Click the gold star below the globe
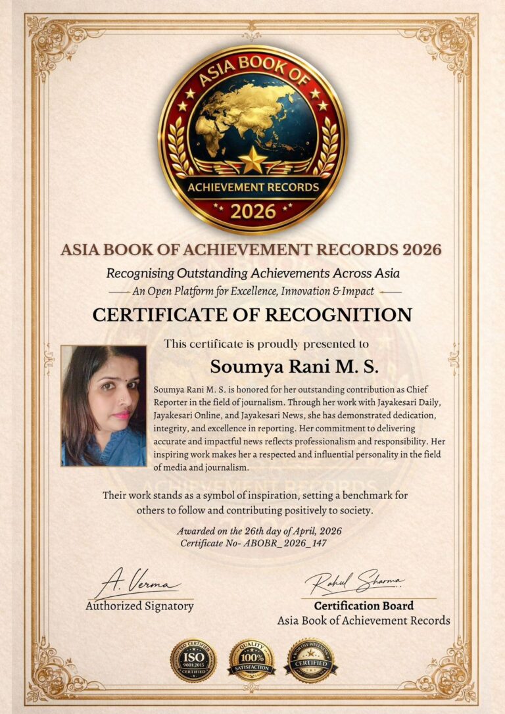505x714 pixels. pos(252,160)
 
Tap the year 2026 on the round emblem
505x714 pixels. pos(252,212)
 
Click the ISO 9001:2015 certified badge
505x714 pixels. pos(193,660)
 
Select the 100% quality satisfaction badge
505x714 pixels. pos(251,660)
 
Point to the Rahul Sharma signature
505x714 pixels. pos(354,582)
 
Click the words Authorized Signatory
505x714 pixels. pos(139,606)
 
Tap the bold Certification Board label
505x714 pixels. pos(364,606)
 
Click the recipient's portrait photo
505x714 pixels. pos(104,406)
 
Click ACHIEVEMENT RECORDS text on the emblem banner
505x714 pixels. pos(252,187)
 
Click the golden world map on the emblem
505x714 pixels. pos(252,118)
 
